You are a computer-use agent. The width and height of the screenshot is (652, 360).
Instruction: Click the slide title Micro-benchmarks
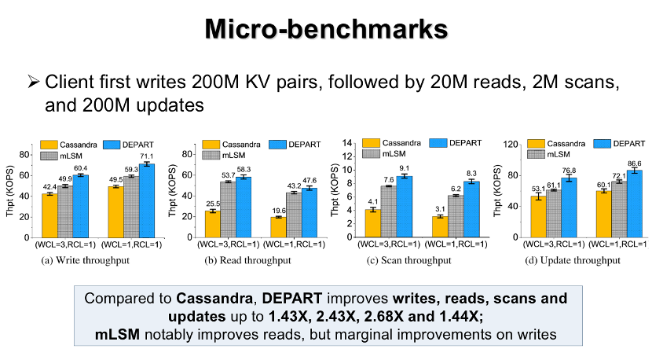[x=326, y=29]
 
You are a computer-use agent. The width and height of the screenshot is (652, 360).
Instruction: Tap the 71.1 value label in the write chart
[x=147, y=156]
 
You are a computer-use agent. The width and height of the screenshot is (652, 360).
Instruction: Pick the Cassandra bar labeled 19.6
[x=279, y=226]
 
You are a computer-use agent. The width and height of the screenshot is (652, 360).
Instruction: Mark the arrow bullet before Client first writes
[x=34, y=82]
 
